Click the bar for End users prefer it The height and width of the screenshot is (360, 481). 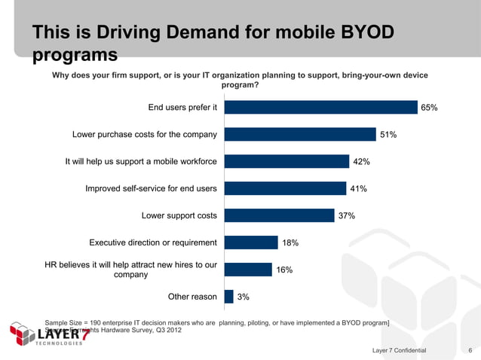(x=321, y=108)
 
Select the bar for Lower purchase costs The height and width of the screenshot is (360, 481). (x=300, y=135)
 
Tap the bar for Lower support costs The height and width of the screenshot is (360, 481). (x=280, y=215)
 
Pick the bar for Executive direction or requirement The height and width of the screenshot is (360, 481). (x=251, y=243)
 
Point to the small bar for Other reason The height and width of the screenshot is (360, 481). (x=229, y=297)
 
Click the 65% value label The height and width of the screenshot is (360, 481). (x=429, y=108)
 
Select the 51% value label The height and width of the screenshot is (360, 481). (x=388, y=135)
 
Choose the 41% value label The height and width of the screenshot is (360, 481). (x=357, y=189)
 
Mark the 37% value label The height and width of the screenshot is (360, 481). (x=347, y=216)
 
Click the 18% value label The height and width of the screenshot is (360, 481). (x=290, y=243)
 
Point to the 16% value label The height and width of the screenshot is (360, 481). (x=284, y=270)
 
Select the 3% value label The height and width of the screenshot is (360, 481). (x=244, y=297)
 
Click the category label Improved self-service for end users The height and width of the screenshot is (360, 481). (x=151, y=188)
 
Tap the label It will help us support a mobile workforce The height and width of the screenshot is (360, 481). (x=141, y=161)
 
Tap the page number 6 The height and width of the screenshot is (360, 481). (x=470, y=351)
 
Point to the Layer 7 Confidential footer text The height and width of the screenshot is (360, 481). (x=399, y=351)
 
